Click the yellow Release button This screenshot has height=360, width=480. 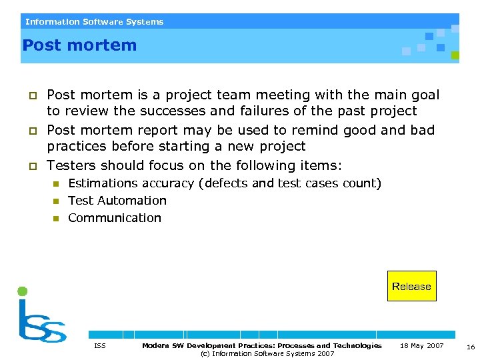411,286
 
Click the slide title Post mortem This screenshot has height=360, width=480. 79,45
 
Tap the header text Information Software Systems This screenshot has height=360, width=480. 94,21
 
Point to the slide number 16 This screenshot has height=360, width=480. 471,347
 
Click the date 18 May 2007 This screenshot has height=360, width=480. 421,345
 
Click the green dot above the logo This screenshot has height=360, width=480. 22,291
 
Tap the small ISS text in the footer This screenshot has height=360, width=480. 100,345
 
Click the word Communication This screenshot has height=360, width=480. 115,217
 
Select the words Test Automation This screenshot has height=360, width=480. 117,200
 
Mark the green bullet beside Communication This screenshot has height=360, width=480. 57,218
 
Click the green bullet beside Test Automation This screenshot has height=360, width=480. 57,201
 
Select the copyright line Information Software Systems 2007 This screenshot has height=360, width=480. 267,353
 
